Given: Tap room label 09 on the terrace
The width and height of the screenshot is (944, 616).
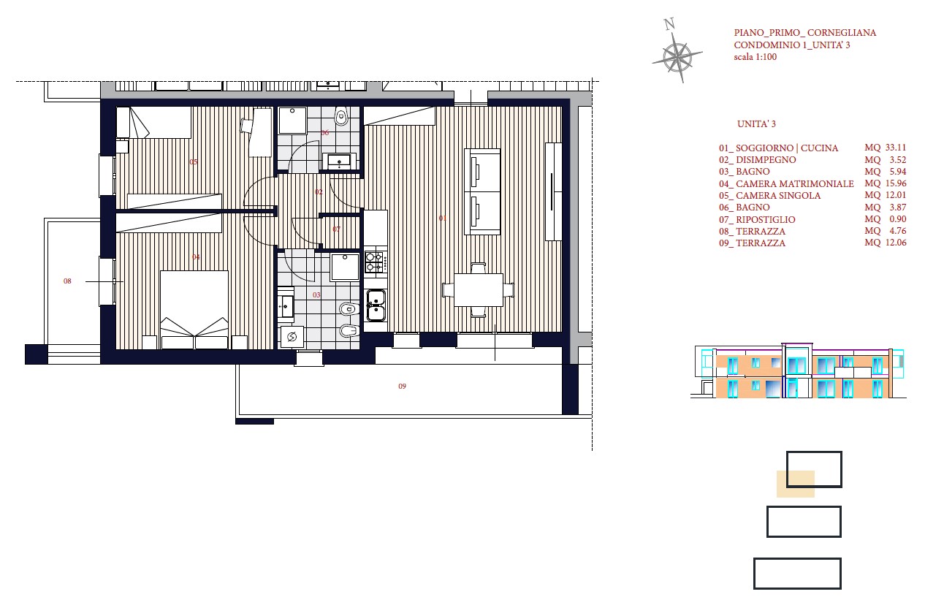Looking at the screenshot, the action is [x=402, y=386].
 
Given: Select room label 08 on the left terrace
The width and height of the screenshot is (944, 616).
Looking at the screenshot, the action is [x=67, y=281].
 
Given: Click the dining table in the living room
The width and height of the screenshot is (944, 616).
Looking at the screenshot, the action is [x=479, y=290].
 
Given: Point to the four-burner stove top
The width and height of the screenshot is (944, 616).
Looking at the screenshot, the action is [x=376, y=262].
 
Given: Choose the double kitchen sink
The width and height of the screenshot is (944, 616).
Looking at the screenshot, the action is [x=376, y=305].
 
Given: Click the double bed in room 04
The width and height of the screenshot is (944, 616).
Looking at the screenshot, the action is [x=194, y=309].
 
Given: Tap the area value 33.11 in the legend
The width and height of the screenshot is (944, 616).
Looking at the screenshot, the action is [x=896, y=148].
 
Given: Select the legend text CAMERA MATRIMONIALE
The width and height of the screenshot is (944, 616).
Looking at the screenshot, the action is [x=795, y=183].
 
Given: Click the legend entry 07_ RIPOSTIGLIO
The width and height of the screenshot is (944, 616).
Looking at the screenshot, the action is [x=757, y=219].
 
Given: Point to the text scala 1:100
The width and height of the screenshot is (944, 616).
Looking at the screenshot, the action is [x=755, y=57].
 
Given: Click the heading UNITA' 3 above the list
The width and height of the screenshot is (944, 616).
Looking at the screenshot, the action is [x=756, y=124].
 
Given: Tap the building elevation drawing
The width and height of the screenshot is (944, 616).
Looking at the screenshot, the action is [x=798, y=371].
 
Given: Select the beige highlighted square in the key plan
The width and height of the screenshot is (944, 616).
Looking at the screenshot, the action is [x=796, y=484].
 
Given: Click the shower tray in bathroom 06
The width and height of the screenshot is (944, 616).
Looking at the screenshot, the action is [x=292, y=120].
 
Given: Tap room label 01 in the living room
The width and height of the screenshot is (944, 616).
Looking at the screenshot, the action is [x=443, y=218].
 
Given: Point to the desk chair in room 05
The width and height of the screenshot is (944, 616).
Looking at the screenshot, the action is [x=246, y=125].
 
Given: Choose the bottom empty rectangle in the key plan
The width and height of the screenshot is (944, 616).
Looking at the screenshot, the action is [x=797, y=574].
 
